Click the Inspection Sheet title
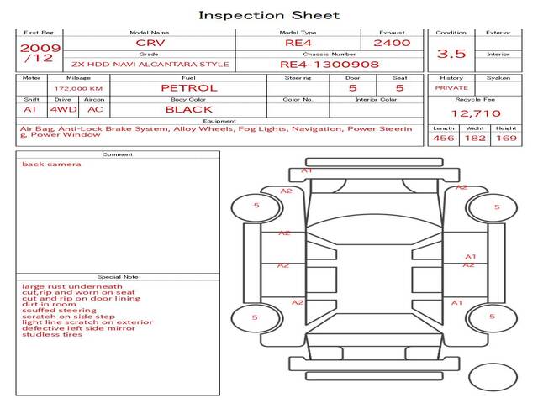(269, 15)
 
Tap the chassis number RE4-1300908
(329, 64)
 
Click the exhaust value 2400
(392, 42)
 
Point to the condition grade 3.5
(452, 54)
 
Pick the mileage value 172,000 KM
(78, 87)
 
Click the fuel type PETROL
(188, 87)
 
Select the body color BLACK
(188, 109)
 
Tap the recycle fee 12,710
(476, 113)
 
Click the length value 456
(444, 138)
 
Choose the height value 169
(506, 138)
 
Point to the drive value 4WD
(62, 109)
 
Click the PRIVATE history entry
(451, 87)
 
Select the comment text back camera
(52, 164)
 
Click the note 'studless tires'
(52, 334)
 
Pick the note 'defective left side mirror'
(78, 327)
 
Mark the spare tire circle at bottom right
(493, 377)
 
